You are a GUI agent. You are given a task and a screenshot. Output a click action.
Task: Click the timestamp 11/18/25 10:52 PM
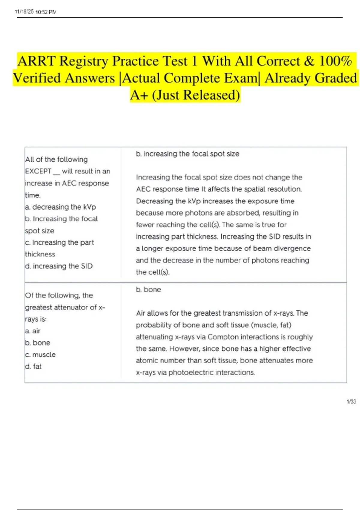35,12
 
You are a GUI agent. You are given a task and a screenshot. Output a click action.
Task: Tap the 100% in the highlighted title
335,61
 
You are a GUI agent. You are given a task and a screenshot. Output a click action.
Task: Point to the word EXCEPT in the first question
38,171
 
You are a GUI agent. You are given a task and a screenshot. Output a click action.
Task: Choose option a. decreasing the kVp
61,207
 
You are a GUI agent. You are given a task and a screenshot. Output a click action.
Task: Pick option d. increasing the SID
59,266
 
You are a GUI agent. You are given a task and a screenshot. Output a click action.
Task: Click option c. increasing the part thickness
59,248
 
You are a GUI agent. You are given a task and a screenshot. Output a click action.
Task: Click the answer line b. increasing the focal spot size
187,154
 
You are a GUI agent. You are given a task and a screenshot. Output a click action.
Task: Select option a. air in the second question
33,331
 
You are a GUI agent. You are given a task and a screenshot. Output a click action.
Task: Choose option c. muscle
40,355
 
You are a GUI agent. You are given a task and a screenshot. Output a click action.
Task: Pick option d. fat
33,366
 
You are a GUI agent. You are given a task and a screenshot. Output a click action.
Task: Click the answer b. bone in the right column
148,289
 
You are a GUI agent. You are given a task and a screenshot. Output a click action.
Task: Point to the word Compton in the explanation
222,337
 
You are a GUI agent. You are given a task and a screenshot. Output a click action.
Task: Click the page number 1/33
351,401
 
